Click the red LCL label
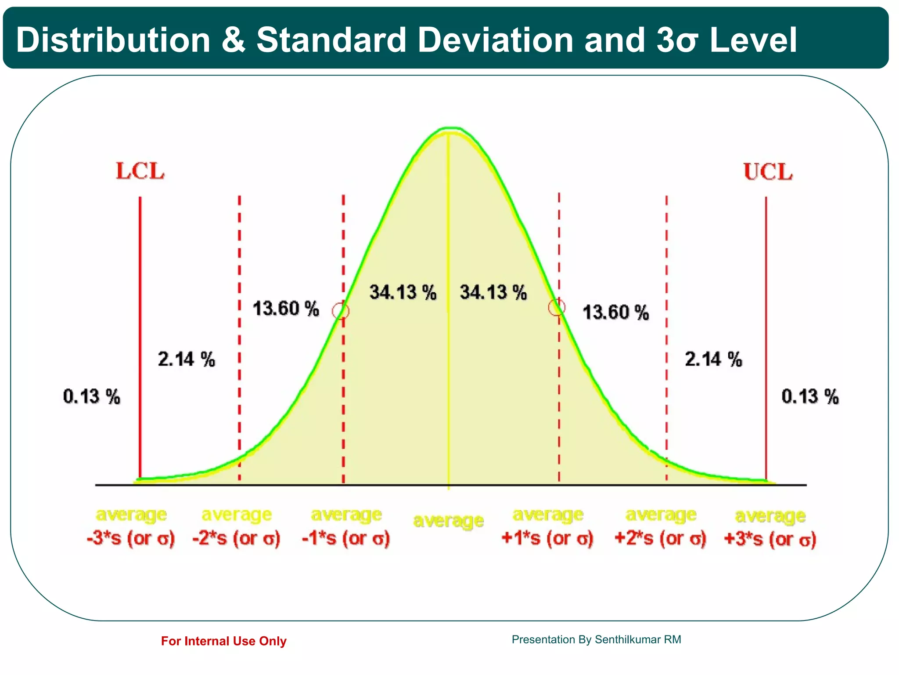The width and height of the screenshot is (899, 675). (x=140, y=171)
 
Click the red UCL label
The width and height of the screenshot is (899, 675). (x=768, y=172)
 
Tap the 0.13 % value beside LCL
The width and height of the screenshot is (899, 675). (x=92, y=396)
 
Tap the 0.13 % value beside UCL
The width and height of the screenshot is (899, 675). (x=810, y=396)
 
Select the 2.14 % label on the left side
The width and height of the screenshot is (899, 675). (x=187, y=359)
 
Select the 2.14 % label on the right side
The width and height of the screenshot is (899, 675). (x=713, y=359)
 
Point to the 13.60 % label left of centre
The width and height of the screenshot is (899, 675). (x=286, y=308)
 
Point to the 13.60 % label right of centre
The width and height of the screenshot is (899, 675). (x=615, y=312)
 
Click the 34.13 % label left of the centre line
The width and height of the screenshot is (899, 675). (x=403, y=292)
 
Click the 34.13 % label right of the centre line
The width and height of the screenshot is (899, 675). (x=493, y=292)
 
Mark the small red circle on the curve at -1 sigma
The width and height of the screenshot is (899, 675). (x=341, y=311)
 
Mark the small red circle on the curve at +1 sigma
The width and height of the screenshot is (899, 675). (x=557, y=307)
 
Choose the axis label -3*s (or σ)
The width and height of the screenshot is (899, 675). (x=131, y=538)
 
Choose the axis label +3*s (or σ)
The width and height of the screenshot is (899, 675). (x=770, y=539)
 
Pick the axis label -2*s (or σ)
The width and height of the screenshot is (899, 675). (x=236, y=538)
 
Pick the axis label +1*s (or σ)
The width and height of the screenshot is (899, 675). (x=547, y=538)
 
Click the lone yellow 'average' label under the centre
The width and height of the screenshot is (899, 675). (x=449, y=521)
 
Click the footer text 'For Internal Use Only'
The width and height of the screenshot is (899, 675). (x=223, y=641)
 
